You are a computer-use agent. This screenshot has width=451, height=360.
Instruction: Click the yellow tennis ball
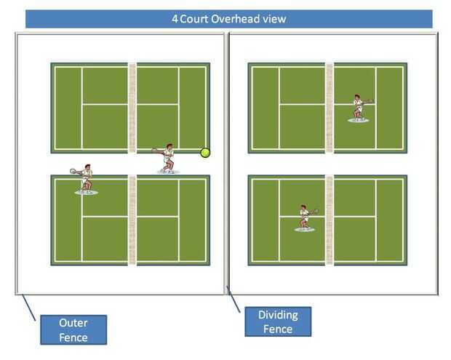click(x=206, y=153)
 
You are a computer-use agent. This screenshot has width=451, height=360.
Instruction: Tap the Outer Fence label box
click(x=73, y=329)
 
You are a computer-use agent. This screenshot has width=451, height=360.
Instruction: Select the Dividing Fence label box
click(x=277, y=321)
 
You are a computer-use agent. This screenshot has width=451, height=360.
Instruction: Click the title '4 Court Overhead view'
click(x=228, y=19)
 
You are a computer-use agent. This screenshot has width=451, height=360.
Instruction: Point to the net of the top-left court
click(x=132, y=108)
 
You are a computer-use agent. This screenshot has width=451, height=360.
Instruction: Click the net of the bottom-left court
click(x=132, y=220)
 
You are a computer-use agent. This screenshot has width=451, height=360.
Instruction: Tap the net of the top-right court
click(x=330, y=108)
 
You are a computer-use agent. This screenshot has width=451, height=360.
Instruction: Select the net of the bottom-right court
click(x=330, y=220)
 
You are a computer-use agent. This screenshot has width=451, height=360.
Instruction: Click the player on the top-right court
click(x=359, y=108)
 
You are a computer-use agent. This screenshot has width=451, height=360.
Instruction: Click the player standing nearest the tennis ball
click(x=167, y=159)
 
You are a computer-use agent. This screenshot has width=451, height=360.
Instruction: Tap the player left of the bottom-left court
click(x=86, y=179)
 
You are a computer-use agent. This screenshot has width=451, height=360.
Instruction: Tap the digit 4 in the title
click(x=175, y=19)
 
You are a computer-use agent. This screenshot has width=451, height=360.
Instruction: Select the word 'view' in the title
click(x=274, y=19)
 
